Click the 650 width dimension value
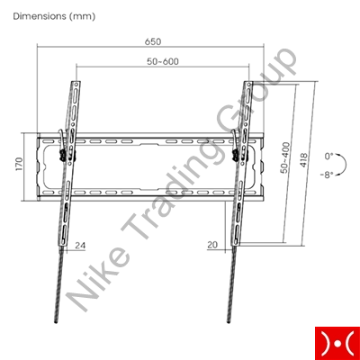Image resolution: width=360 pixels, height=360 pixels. point(153,41)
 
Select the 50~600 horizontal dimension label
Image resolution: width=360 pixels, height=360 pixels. point(163,61)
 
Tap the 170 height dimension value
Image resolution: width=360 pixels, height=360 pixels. point(19,164)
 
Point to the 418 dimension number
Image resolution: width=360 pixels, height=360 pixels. point(303,160)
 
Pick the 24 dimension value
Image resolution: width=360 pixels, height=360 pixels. point(80,246)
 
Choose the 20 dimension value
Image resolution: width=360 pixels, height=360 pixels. point(212,245)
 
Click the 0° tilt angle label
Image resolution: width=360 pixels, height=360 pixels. point(328,156)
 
